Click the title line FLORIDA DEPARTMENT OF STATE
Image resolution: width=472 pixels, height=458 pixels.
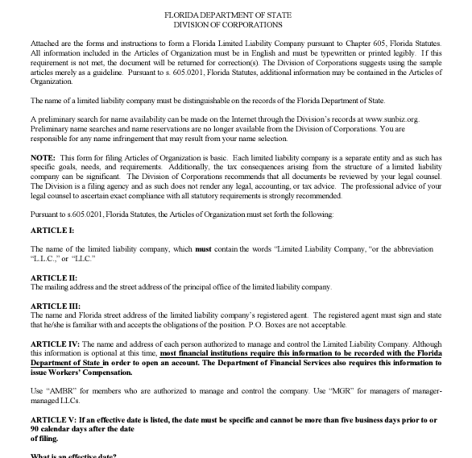pos(235,15)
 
